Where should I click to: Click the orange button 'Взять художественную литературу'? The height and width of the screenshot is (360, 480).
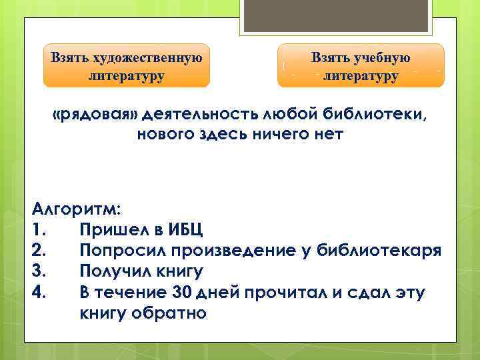[127, 65]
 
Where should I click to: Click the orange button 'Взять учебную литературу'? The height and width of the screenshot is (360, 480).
[360, 65]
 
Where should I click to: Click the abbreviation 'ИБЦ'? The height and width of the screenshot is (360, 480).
[183, 230]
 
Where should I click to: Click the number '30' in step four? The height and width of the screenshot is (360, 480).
[182, 292]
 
